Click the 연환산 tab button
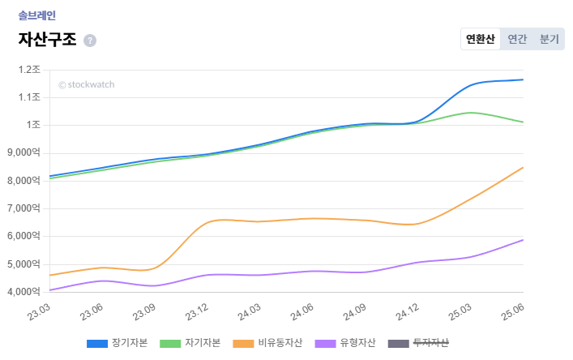click(481, 39)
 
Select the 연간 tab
click(517, 39)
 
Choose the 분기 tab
click(549, 39)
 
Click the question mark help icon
click(90, 41)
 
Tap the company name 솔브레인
click(36, 15)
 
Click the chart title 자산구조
click(47, 40)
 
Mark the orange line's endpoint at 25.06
click(524, 167)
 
